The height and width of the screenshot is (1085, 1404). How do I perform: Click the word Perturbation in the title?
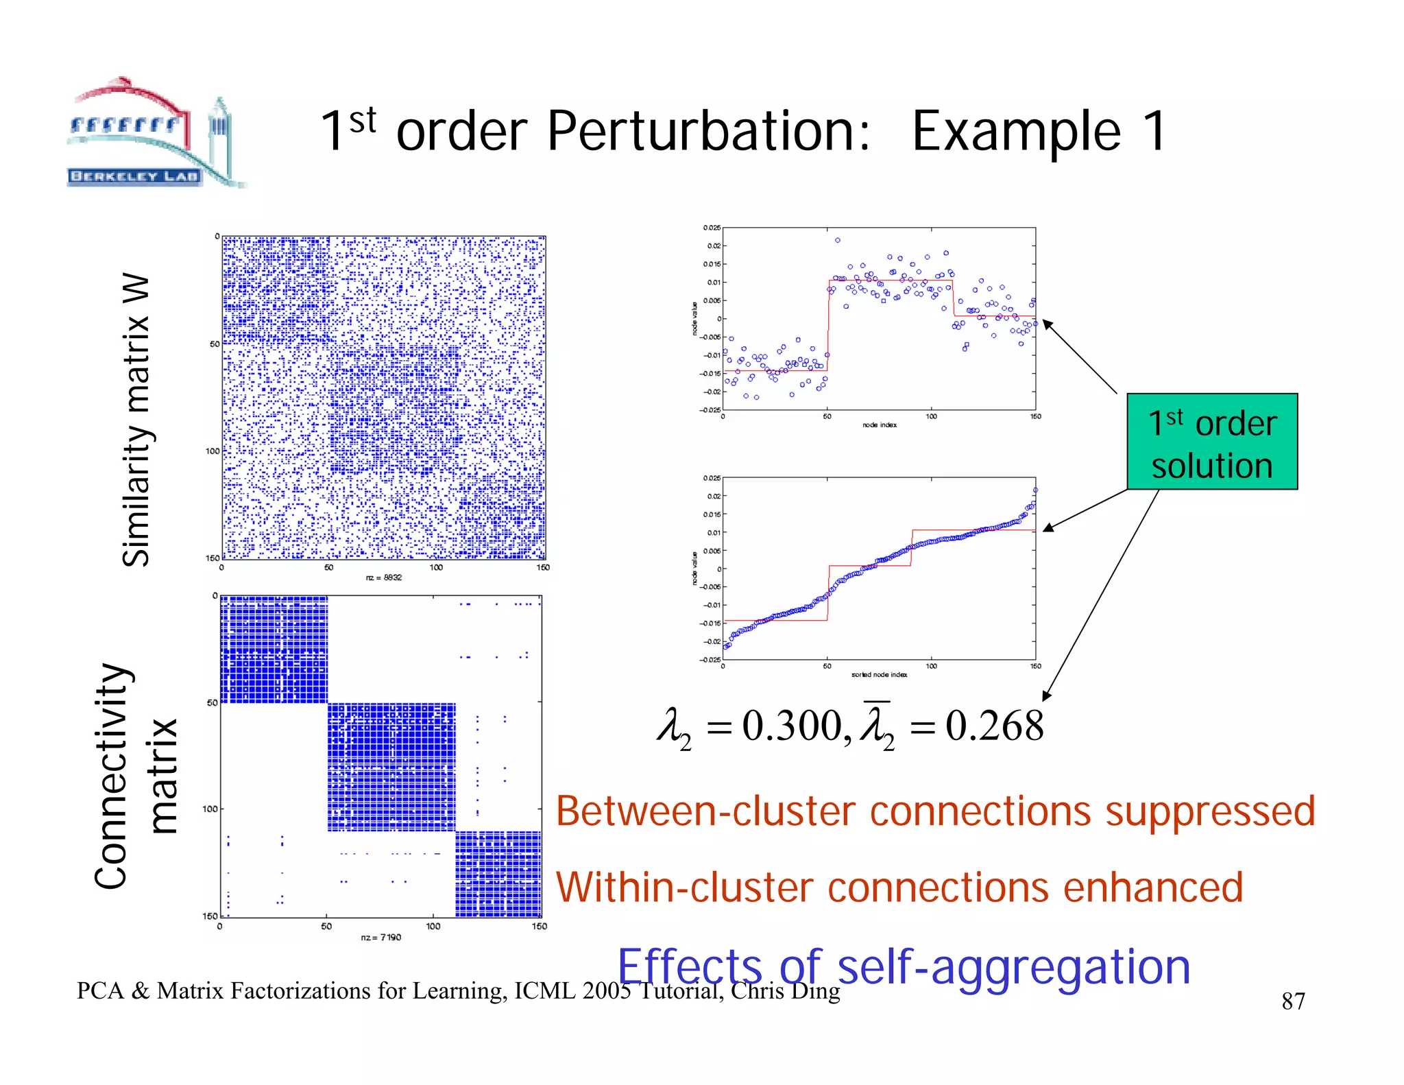click(709, 132)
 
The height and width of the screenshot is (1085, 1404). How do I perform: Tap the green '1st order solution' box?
click(1211, 442)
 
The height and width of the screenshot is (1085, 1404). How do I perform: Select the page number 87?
click(1293, 1001)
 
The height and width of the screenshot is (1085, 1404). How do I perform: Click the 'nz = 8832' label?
click(384, 577)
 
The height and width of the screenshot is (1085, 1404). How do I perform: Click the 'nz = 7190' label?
click(381, 938)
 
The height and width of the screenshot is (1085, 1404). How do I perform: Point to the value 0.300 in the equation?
click(792, 726)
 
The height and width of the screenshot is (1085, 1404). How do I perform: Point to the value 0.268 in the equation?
click(995, 726)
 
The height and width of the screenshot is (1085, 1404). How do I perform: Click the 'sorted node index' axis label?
click(879, 675)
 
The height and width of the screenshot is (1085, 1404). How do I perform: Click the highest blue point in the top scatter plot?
click(838, 240)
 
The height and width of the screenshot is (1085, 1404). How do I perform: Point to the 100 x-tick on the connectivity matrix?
click(433, 926)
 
